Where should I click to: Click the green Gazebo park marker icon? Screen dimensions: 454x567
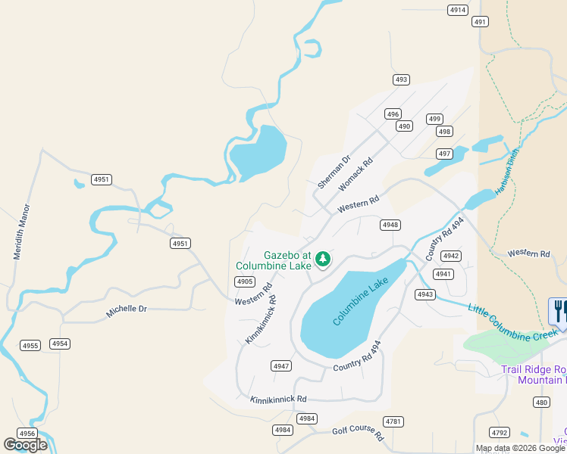click(x=323, y=260)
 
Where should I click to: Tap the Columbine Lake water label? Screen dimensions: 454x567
click(x=361, y=301)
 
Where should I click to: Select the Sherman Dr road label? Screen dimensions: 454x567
click(x=334, y=173)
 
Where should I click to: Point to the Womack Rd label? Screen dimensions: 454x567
click(x=356, y=174)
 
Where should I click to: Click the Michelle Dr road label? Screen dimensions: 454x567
click(x=127, y=309)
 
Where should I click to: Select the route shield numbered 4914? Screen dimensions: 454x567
click(x=458, y=10)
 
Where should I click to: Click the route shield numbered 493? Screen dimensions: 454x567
click(x=401, y=79)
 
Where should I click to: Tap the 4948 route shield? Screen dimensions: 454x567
click(x=390, y=225)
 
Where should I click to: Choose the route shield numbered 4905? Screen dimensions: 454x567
click(x=244, y=281)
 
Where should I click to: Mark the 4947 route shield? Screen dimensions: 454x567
click(x=281, y=366)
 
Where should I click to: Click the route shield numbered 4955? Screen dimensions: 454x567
click(x=30, y=346)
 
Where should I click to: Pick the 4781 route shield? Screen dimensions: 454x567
click(x=393, y=421)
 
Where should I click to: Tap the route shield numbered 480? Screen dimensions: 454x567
click(x=540, y=402)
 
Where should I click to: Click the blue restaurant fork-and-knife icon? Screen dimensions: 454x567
click(x=559, y=311)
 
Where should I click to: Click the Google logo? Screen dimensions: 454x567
click(x=25, y=445)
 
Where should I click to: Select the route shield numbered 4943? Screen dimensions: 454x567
click(x=425, y=294)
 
